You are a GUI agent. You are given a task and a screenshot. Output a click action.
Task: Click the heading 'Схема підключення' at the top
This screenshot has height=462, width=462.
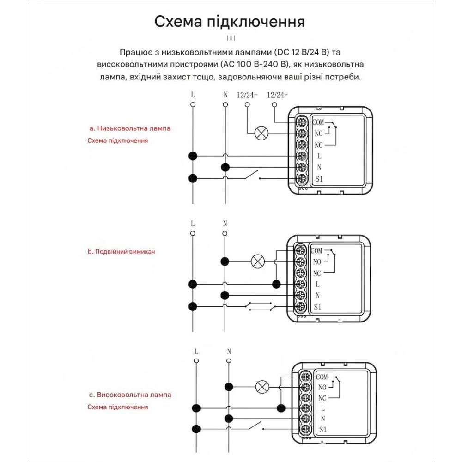coord(229,22)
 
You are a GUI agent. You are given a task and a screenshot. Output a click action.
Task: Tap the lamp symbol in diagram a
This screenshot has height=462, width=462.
coord(261,134)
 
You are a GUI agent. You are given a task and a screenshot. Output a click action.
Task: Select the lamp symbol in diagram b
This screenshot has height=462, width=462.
coord(257,261)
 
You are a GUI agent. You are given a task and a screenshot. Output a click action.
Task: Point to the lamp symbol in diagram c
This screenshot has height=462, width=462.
coord(262,386)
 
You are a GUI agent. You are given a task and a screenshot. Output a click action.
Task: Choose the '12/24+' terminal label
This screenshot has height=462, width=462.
coord(277,95)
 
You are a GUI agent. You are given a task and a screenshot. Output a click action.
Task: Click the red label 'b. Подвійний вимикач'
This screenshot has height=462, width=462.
coord(121,252)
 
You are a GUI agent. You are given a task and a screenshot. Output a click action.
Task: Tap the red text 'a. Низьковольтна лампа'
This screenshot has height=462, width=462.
coord(130,128)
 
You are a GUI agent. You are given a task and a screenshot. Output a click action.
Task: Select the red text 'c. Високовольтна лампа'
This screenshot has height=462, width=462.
coord(130,395)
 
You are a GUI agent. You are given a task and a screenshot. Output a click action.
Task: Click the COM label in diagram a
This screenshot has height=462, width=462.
coord(318,122)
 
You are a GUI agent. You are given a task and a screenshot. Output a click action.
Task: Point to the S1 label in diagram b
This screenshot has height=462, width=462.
coord(317,307)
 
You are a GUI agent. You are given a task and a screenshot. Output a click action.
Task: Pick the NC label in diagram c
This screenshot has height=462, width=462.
coord(322,398)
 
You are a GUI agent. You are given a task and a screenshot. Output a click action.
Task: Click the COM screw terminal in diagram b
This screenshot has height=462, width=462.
coord(301,251)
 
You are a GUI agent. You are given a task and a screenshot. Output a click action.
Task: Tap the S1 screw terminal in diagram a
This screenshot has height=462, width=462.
coord(302,179)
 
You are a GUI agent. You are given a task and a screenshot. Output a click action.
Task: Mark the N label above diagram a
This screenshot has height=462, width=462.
coord(225,95)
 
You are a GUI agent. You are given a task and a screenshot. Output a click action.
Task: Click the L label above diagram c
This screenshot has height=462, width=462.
coord(196,352)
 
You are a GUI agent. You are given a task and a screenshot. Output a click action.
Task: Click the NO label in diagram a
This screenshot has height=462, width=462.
coord(318,134)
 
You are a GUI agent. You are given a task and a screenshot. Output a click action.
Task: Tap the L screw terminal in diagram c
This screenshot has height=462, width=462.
coord(306,408)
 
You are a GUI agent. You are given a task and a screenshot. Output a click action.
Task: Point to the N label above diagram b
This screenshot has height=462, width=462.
coord(225,224)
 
